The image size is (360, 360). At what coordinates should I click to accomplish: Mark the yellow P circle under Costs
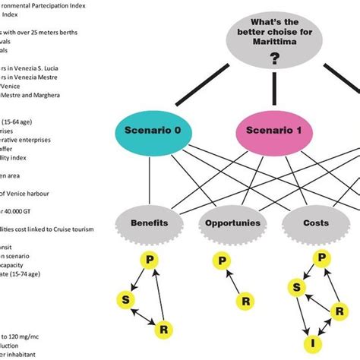(323, 257)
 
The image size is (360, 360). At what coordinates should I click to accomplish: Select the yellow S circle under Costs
(294, 288)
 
